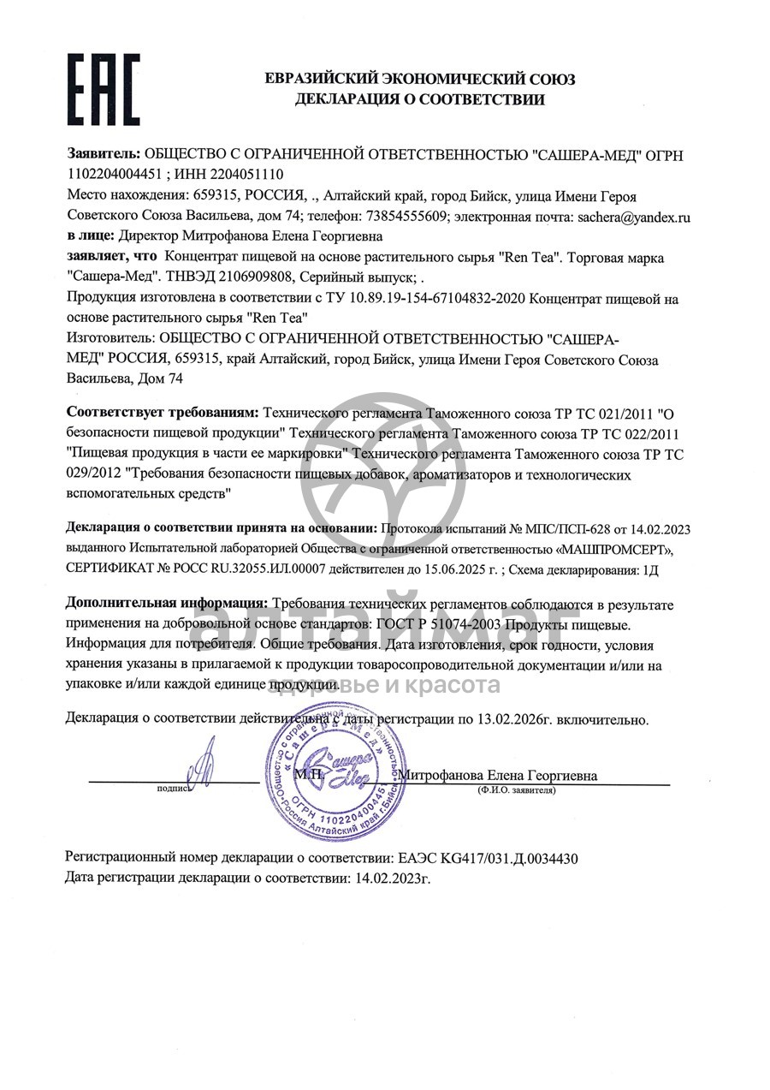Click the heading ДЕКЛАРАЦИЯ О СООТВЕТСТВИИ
click(x=419, y=100)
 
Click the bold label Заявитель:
click(x=104, y=154)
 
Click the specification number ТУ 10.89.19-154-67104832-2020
click(x=423, y=299)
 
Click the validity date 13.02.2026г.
click(x=511, y=720)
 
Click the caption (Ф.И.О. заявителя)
click(x=516, y=790)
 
